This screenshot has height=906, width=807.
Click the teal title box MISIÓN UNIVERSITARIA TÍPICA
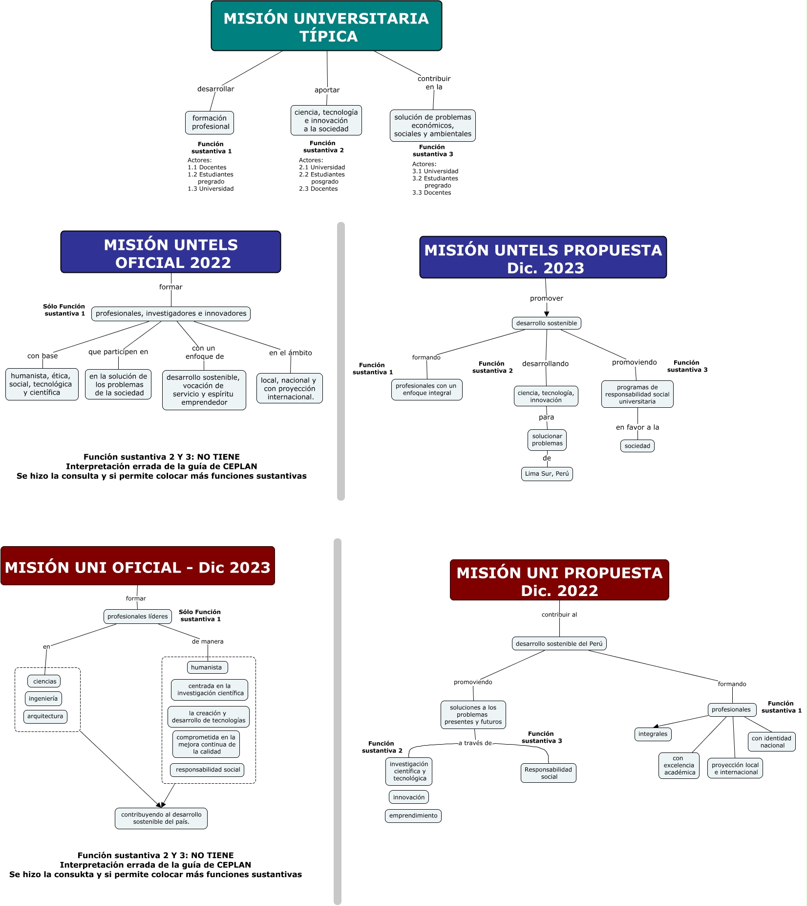tap(326, 26)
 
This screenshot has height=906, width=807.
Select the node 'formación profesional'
tap(210, 123)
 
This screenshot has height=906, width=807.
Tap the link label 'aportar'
tap(327, 90)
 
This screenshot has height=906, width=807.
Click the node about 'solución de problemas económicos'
tap(432, 126)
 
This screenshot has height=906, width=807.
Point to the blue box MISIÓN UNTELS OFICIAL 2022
tap(170, 252)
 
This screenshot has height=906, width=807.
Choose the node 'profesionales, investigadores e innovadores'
tap(171, 314)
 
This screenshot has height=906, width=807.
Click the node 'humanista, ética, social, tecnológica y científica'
tap(42, 384)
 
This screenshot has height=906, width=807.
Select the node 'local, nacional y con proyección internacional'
tap(289, 389)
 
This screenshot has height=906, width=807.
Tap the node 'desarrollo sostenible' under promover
tap(546, 323)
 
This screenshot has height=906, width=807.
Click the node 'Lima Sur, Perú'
tap(547, 474)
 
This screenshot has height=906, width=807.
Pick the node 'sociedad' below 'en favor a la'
tap(637, 446)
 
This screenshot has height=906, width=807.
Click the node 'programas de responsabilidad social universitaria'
tap(637, 395)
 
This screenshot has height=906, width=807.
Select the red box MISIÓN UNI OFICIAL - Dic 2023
tap(138, 566)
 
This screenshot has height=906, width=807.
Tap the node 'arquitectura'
tap(45, 716)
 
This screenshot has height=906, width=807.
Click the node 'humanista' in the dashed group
tap(207, 667)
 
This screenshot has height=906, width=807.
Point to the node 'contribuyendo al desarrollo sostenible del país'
tap(161, 818)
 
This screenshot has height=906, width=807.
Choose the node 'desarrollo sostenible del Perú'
tap(559, 644)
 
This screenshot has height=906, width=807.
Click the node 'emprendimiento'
tap(413, 816)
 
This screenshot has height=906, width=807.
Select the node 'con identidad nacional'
tap(771, 742)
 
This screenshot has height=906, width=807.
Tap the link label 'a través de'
tap(475, 743)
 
